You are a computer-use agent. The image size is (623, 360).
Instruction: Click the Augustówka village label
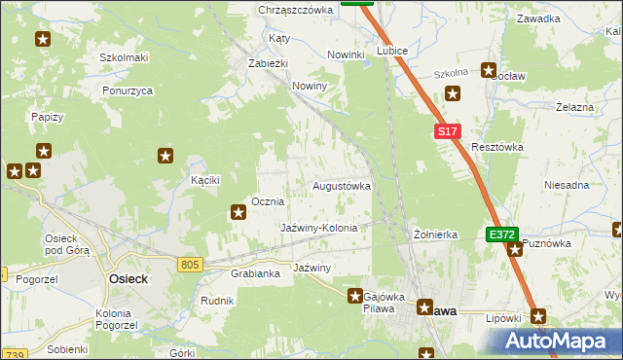click(x=341, y=185)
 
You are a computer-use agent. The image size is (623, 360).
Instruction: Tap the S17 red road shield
click(x=446, y=131)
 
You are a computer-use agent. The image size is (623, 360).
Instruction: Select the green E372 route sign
click(x=501, y=234)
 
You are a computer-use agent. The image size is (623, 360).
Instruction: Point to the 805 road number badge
click(x=190, y=264)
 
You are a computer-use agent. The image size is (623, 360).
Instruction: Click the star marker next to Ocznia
click(x=238, y=211)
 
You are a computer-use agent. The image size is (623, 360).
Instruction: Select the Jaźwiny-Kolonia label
click(x=319, y=228)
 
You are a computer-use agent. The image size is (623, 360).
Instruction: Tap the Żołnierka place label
click(x=435, y=234)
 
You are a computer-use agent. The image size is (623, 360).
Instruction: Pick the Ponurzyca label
click(x=128, y=90)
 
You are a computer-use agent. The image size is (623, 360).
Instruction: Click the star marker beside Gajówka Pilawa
click(x=356, y=295)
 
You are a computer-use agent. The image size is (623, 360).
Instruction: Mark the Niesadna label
click(x=567, y=185)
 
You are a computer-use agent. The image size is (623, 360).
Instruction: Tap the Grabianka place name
click(x=256, y=273)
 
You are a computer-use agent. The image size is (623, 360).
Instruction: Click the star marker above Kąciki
click(x=165, y=155)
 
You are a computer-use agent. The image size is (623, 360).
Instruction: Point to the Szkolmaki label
click(x=124, y=57)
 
